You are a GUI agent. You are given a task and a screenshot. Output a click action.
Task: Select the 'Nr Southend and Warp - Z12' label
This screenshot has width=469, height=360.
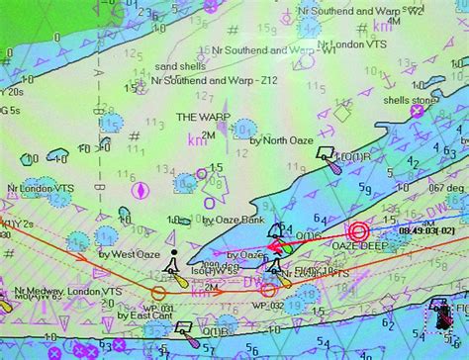(208, 78)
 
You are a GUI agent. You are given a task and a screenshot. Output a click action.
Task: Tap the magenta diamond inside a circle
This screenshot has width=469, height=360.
(142, 190)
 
